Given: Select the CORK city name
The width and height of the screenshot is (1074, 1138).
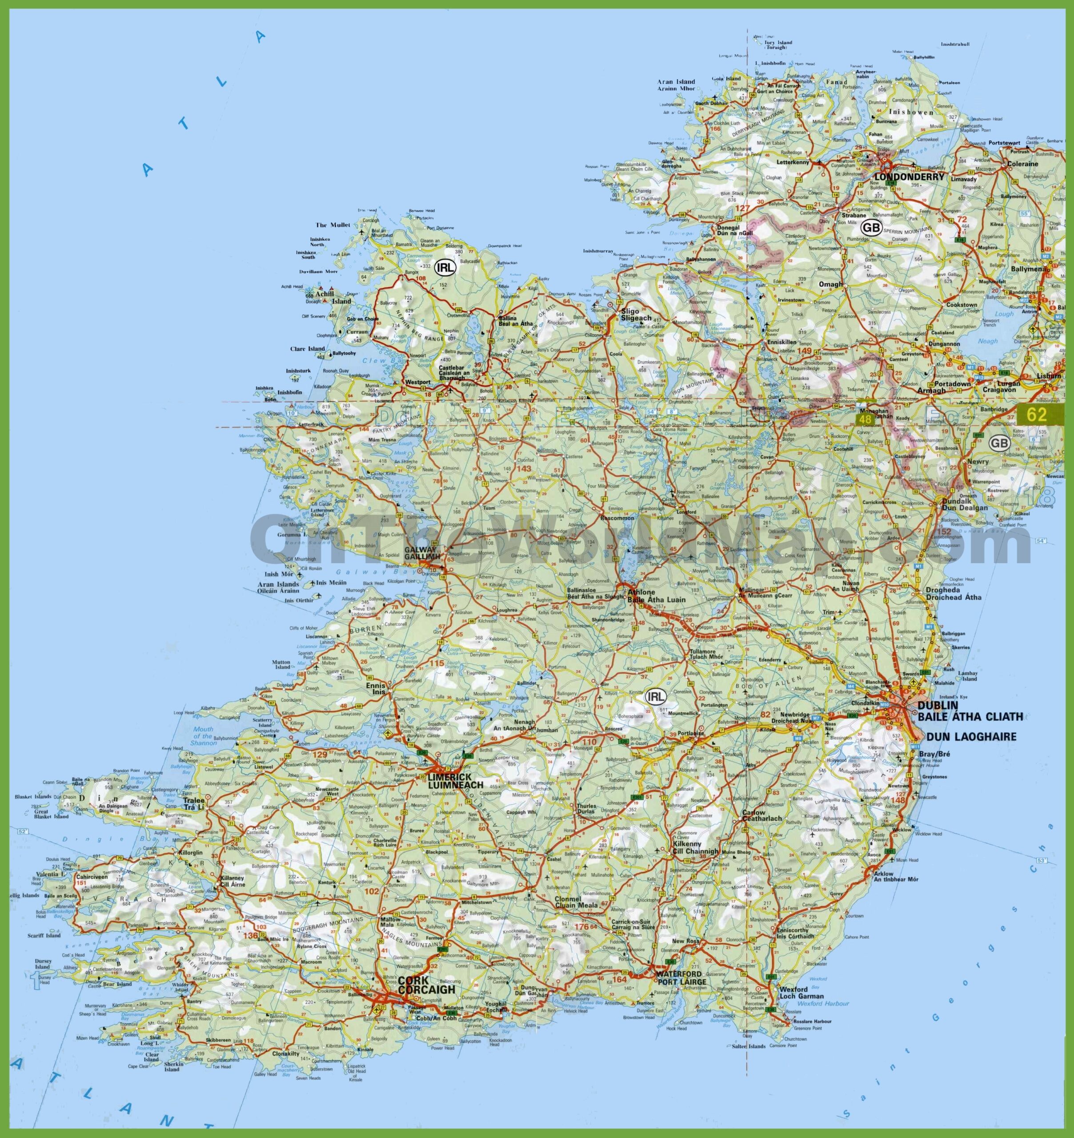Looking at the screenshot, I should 414,980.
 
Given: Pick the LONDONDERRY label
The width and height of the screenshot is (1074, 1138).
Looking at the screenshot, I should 909,177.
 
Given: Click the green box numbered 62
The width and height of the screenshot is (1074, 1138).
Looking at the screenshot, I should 1037,415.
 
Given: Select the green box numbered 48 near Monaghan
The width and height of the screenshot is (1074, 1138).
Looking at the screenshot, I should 865,420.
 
